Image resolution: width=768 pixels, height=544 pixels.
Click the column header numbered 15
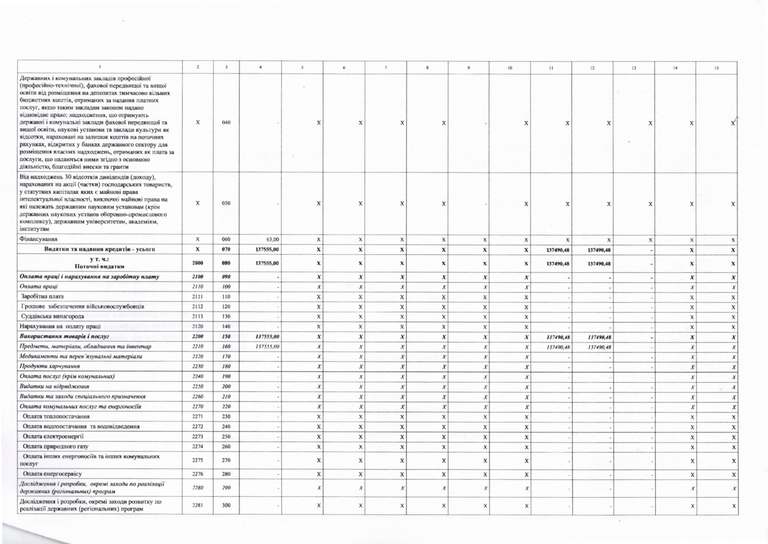(716, 68)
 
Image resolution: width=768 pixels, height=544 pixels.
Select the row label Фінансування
(38, 240)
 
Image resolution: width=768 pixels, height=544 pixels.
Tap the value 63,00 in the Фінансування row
(272, 240)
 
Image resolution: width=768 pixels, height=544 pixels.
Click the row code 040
(226, 123)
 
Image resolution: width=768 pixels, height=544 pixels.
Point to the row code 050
(226, 204)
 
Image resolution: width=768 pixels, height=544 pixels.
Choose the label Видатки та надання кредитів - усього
(99, 249)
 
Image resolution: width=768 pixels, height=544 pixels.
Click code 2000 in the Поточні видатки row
(197, 263)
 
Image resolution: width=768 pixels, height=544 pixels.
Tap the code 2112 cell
(197, 306)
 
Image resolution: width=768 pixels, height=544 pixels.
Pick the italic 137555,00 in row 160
(267, 346)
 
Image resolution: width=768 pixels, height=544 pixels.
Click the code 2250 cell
(197, 386)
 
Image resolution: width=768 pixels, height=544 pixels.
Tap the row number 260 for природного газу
(226, 446)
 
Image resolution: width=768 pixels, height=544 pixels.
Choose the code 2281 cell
(197, 505)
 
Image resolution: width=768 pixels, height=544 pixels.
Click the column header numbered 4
(260, 68)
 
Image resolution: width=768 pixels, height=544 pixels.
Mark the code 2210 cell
(197, 346)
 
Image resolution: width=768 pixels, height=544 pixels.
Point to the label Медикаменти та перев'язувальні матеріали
(80, 356)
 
